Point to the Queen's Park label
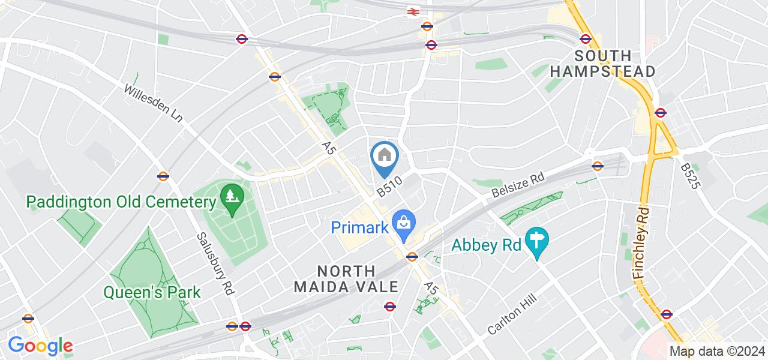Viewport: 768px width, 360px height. click(152, 293)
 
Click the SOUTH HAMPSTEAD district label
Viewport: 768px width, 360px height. click(602, 64)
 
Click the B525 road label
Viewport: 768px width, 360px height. click(691, 175)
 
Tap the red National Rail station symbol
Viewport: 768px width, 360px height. click(413, 11)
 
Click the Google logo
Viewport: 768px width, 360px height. click(40, 346)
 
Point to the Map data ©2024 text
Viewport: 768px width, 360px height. click(718, 352)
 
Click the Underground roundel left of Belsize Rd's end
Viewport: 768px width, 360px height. click(597, 166)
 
